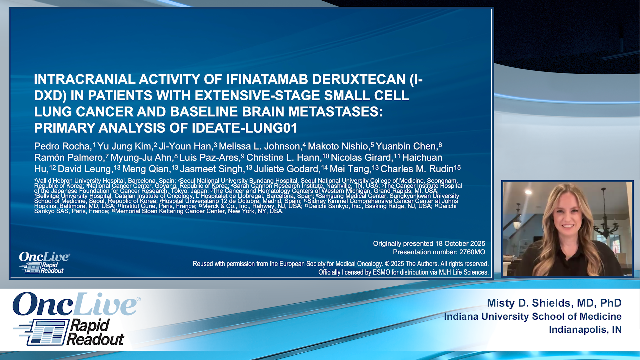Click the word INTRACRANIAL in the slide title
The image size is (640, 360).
tap(85, 79)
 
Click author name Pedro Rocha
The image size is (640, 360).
tap(62, 146)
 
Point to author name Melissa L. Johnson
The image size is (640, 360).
tap(260, 146)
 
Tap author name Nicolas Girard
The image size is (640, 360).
tap(361, 158)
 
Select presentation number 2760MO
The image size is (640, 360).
tap(472, 252)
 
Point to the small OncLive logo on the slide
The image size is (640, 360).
tap(44, 262)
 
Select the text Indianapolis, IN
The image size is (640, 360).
tap(585, 330)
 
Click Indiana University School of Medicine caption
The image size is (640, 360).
tap(532, 316)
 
